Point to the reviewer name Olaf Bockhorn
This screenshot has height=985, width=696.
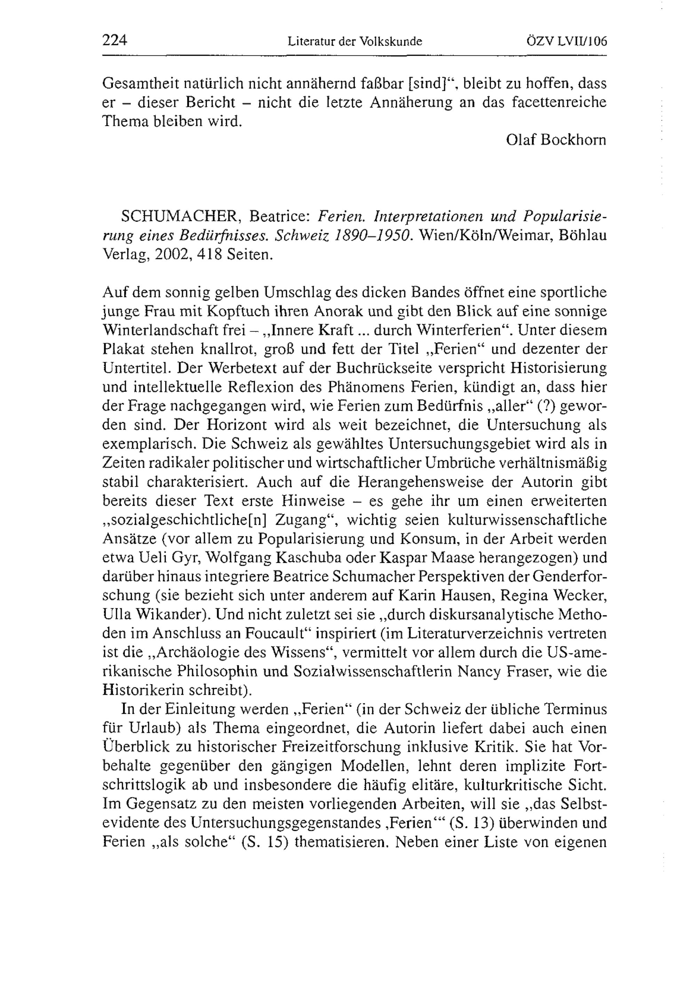coord(556,140)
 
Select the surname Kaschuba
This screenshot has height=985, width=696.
coord(310,558)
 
